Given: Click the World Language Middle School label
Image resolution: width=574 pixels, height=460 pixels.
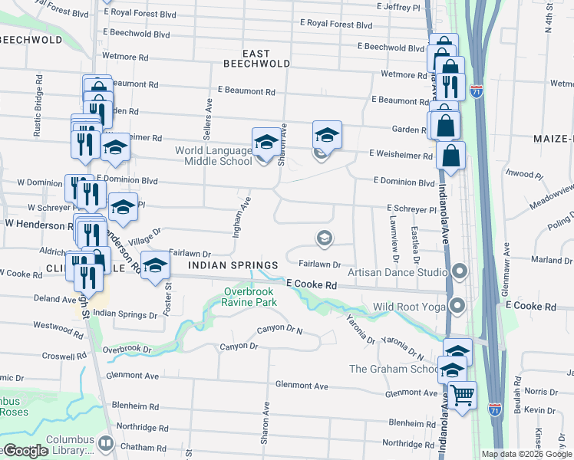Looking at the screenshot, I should [213, 156].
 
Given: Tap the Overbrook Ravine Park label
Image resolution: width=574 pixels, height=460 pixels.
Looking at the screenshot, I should [249, 297].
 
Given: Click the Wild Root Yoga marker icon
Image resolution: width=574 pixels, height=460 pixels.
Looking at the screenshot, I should [458, 307].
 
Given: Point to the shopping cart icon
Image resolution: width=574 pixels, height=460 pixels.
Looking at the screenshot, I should [461, 396].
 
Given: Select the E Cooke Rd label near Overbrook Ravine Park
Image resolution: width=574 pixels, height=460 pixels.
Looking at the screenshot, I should [312, 284].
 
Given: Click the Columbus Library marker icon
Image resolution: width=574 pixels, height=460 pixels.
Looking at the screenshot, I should [105, 443].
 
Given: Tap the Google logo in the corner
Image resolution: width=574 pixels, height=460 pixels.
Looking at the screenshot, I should [25, 450].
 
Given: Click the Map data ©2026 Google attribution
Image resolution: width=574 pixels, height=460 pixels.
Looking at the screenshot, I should [527, 454].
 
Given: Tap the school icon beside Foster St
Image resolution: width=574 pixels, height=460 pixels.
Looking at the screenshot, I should [155, 265].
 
